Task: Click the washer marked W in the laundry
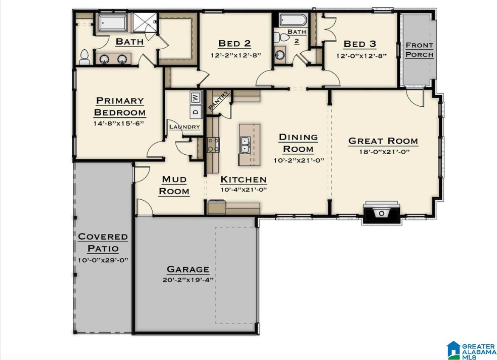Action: (x=196, y=97)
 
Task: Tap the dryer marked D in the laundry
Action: (x=196, y=112)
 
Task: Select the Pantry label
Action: (x=218, y=101)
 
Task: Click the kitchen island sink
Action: (x=245, y=145)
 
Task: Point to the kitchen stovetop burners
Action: (x=213, y=145)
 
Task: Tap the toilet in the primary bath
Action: (x=84, y=57)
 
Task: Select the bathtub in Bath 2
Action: (x=293, y=20)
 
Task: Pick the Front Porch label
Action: (x=419, y=50)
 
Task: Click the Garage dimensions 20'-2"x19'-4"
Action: (x=188, y=280)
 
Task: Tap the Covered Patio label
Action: (x=103, y=243)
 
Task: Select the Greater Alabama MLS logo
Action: (x=472, y=350)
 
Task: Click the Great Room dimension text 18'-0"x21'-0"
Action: (x=384, y=152)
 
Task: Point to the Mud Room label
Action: (x=174, y=185)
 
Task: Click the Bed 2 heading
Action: (x=234, y=43)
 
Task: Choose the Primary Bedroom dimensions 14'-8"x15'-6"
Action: (x=119, y=123)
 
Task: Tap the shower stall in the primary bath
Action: (x=144, y=23)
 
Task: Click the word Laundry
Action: (x=185, y=127)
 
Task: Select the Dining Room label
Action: (x=298, y=143)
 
